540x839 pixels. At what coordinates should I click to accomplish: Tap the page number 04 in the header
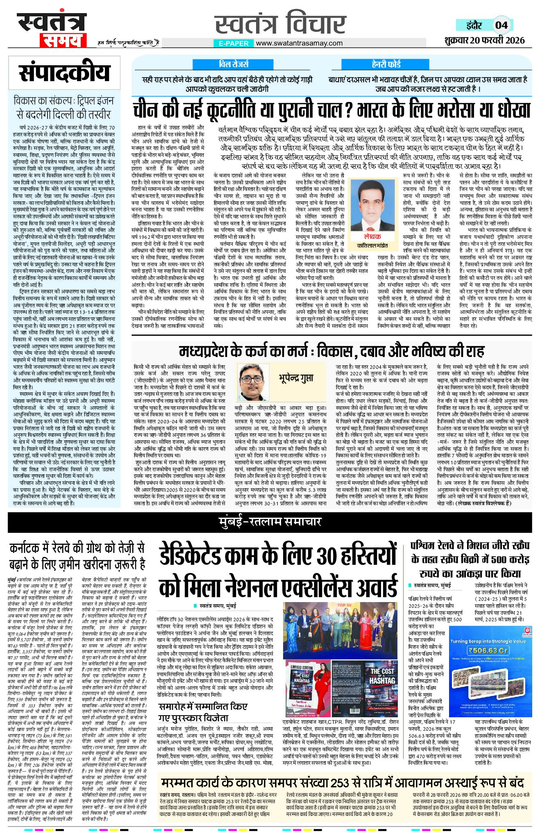(x=501, y=25)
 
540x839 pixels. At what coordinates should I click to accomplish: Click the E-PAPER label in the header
(x=234, y=43)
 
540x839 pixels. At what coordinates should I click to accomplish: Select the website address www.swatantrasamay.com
(x=299, y=43)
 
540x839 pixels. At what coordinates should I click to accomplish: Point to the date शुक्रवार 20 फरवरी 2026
(x=484, y=40)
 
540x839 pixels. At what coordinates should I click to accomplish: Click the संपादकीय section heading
(x=64, y=73)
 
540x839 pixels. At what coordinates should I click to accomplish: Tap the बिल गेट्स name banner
(x=234, y=64)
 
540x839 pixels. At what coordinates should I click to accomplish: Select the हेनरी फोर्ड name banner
(x=386, y=64)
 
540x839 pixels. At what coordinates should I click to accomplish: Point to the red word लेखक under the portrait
(x=372, y=236)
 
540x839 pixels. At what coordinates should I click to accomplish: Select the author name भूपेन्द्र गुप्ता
(x=296, y=378)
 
